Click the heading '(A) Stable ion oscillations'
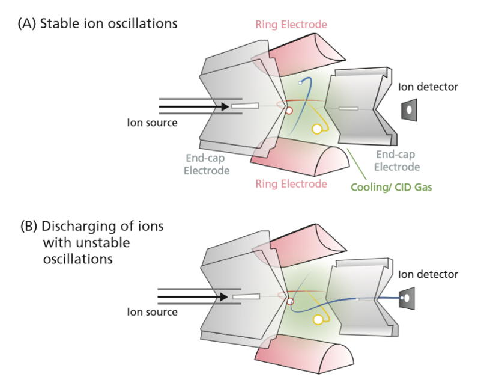(98, 24)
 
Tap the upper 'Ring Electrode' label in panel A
(291, 25)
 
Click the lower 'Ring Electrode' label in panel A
(291, 183)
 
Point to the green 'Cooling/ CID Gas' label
(392, 187)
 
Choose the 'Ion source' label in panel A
(152, 123)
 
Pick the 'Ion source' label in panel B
(152, 312)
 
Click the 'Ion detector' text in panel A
(428, 87)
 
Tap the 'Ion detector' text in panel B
(428, 274)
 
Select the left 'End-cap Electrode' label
(207, 165)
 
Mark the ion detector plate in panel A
(408, 110)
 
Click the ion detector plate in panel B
(408, 298)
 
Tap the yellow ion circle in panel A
(317, 129)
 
